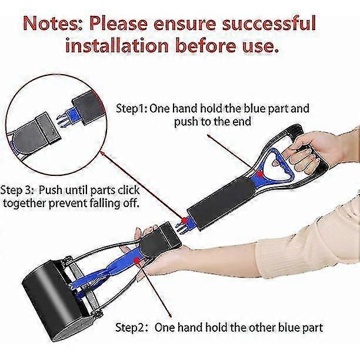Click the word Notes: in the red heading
click(x=54, y=24)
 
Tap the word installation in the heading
click(x=117, y=45)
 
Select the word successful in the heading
click(x=269, y=23)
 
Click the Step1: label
click(x=132, y=108)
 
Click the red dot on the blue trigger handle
click(x=260, y=175)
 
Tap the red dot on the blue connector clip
click(x=184, y=221)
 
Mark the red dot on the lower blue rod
click(x=137, y=261)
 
